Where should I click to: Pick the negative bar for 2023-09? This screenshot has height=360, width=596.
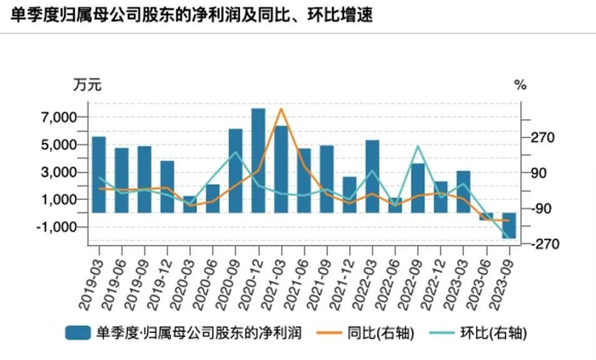(508, 226)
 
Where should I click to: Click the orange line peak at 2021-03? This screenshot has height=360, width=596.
(282, 110)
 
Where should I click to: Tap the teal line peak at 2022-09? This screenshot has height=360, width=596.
(418, 147)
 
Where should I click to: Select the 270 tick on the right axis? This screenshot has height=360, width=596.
(542, 138)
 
